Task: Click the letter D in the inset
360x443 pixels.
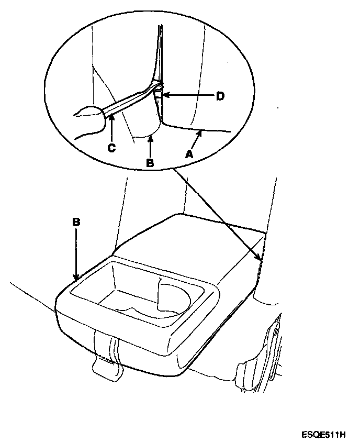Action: point(220,96)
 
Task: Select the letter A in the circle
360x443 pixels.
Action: point(189,154)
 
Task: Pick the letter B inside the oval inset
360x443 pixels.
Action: point(150,163)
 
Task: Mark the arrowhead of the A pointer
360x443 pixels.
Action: point(199,133)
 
